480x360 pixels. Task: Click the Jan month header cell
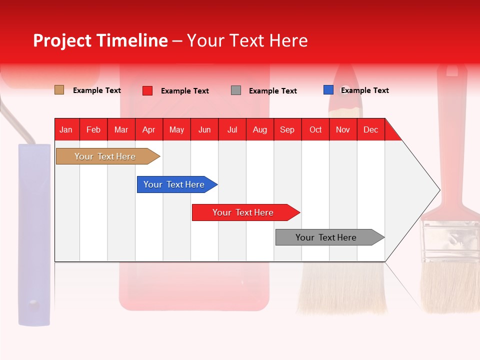tap(66, 129)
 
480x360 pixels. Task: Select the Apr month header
tap(149, 129)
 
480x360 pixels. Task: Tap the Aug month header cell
tap(260, 129)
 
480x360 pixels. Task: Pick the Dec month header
tap(370, 129)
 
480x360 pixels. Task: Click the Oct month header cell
tap(315, 129)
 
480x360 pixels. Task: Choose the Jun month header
tap(204, 129)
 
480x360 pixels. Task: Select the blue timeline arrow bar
tap(175, 184)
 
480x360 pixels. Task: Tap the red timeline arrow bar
tap(243, 212)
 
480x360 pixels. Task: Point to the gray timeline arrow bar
tap(327, 237)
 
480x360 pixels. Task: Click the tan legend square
tap(59, 90)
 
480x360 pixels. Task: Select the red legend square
tap(147, 90)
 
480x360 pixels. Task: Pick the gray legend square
tap(236, 90)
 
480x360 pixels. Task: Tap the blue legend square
tap(328, 90)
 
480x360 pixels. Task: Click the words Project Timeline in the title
tap(100, 40)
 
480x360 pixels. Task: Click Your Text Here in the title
tap(247, 40)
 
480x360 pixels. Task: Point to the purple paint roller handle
tap(34, 235)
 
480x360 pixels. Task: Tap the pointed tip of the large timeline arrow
tap(439, 189)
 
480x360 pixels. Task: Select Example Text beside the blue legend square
tap(365, 90)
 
